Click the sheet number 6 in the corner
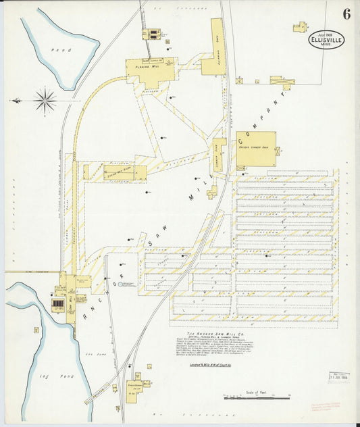[x=346, y=14]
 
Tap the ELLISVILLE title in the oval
[x=327, y=39]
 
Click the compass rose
[x=45, y=101]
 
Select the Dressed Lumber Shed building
[x=256, y=149]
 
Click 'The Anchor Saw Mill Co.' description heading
[x=215, y=333]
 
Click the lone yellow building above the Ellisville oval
[x=300, y=27]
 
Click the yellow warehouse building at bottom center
[x=138, y=386]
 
